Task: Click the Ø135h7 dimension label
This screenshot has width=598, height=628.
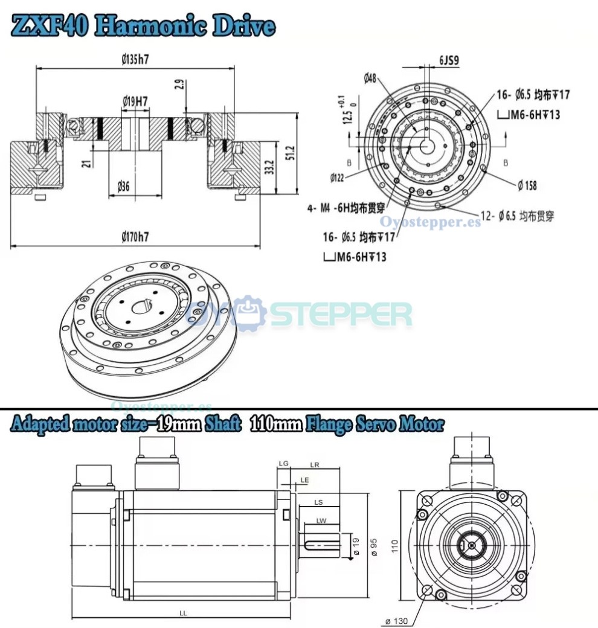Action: coord(136,60)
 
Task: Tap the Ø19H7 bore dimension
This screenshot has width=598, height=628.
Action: coord(135,101)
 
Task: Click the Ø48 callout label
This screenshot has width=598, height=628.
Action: coord(370,77)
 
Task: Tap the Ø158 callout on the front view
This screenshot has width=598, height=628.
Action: coord(527,185)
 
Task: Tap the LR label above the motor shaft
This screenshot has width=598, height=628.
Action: coord(314,465)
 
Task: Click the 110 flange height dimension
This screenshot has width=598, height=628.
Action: coord(394,546)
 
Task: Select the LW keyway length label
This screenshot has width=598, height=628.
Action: coord(320,521)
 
